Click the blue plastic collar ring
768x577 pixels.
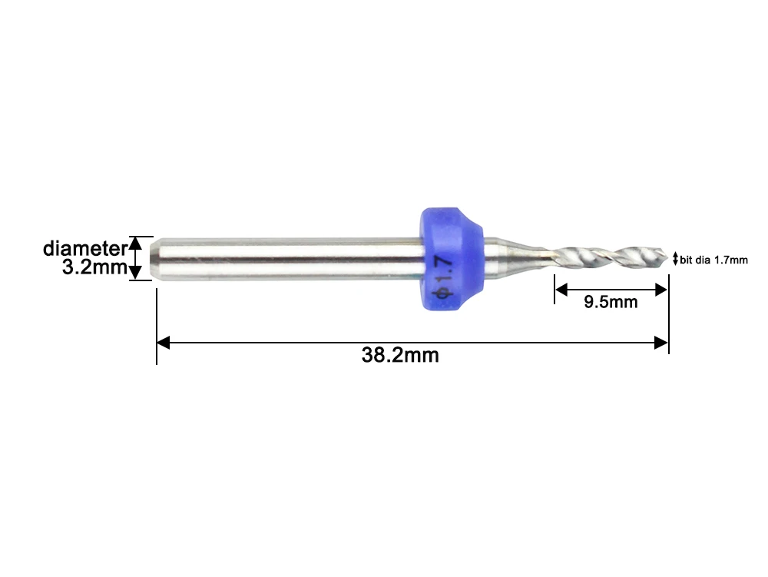tap(452, 259)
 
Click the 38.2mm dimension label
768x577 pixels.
tap(400, 355)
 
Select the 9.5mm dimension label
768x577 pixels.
tap(611, 302)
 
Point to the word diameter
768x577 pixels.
tap(83, 248)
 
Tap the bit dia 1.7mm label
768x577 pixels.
tap(713, 260)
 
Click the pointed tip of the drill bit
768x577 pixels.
tap(667, 257)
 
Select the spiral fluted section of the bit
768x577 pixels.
tap(607, 254)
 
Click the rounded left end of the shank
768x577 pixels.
tap(155, 258)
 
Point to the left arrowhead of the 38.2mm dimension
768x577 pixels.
tap(163, 343)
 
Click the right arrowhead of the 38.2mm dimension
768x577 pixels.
tap(661, 343)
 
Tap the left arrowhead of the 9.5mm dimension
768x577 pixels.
tap(561, 290)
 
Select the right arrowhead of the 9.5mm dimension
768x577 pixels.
tap(660, 290)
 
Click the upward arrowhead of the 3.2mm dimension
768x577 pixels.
tap(135, 243)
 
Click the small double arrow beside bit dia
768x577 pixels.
tap(675, 260)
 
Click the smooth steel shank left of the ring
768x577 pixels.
tap(292, 258)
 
